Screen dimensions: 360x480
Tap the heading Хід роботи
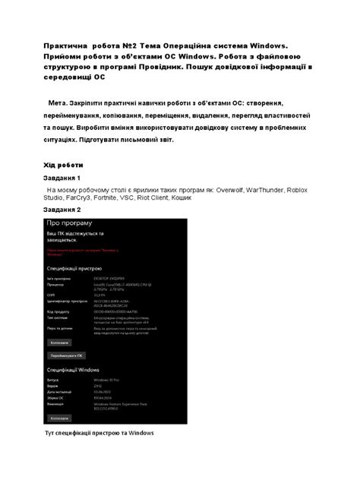(63, 165)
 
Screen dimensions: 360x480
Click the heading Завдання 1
(67, 178)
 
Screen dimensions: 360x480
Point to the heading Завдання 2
(67, 210)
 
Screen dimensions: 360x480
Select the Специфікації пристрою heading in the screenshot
(81, 268)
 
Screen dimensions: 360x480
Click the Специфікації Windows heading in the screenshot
(79, 370)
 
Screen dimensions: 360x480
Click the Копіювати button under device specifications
(60, 343)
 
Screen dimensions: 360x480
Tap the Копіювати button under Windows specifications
(60, 418)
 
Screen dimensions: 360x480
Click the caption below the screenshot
(100, 433)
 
